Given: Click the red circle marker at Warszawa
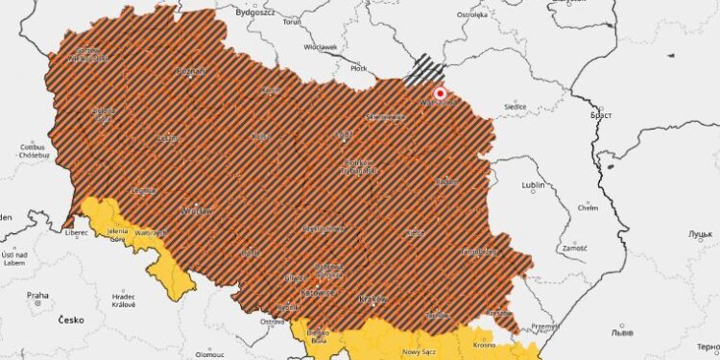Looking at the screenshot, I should (x=441, y=94).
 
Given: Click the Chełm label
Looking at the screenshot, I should (x=588, y=207).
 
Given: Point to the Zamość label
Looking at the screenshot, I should (x=575, y=248).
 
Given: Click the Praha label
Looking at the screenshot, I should (x=37, y=296).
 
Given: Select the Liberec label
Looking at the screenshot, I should (x=76, y=231).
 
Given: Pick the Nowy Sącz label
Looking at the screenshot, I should (x=419, y=351).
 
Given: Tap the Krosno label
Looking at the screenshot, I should (x=483, y=344).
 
